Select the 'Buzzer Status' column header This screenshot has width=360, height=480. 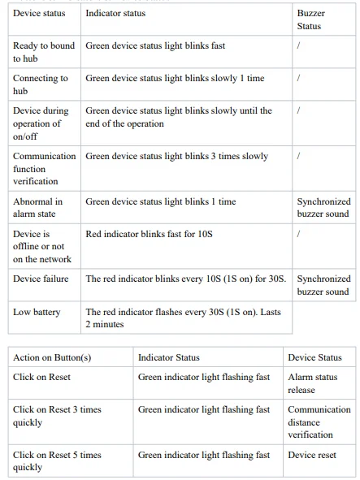[x=309, y=20]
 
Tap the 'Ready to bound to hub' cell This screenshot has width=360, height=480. [x=44, y=53]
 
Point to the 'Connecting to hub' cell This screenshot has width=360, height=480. [x=41, y=85]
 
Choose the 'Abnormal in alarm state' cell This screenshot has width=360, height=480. [x=37, y=208]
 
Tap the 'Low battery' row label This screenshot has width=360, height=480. [x=37, y=312]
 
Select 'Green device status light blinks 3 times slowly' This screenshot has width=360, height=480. [x=176, y=157]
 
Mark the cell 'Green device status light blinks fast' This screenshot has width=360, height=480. [x=155, y=46]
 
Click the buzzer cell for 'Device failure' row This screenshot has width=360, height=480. [x=323, y=285]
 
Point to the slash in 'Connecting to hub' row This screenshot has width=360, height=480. [x=299, y=79]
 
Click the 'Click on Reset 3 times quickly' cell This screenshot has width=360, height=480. [x=57, y=416]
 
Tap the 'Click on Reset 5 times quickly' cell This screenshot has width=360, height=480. [x=57, y=461]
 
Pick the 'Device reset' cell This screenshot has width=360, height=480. [x=312, y=455]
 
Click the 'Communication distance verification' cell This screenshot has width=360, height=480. [x=319, y=422]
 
